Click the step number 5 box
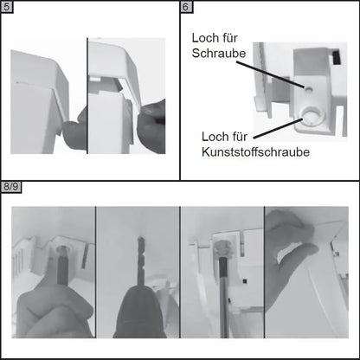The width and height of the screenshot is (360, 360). point(7,7)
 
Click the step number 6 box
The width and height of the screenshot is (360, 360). point(187,7)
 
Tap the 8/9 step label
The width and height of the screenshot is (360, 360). point(11,187)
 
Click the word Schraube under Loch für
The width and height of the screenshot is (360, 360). point(219,53)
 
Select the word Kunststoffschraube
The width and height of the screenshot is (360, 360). point(255,152)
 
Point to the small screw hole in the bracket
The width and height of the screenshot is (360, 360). point(309,89)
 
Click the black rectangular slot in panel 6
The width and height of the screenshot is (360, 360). point(335,57)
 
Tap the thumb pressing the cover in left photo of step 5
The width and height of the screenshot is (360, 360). point(74,132)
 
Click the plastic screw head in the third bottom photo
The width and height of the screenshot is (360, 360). point(222,247)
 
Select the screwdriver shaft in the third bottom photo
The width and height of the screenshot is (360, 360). point(223,297)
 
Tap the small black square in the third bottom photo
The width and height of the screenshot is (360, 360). point(245,280)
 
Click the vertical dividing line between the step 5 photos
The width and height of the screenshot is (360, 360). point(87,95)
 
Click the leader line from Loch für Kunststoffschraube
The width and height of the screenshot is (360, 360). point(278,128)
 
